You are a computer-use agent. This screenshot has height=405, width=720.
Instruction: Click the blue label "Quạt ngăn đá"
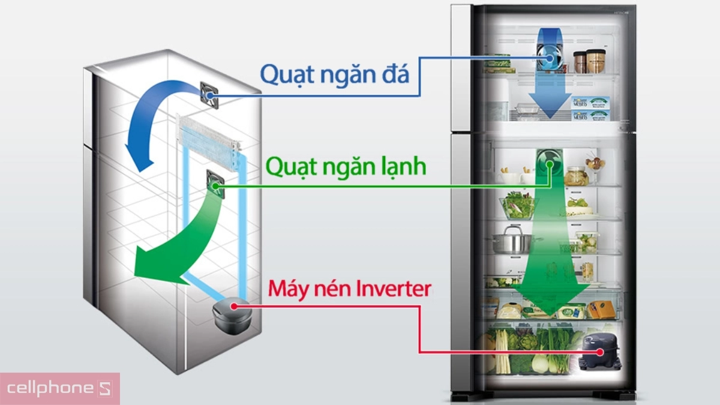click(334, 74)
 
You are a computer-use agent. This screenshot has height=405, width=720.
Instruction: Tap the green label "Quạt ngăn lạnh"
click(346, 166)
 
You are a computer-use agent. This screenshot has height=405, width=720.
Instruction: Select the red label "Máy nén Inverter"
click(349, 289)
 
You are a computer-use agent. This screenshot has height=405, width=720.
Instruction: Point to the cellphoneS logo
click(59, 388)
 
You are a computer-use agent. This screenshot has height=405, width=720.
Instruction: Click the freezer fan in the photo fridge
click(548, 58)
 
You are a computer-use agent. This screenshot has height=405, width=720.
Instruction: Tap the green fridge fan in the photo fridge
click(547, 163)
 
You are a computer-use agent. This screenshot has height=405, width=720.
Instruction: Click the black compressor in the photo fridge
click(600, 353)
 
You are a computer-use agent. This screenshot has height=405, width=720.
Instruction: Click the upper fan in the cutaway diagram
click(210, 94)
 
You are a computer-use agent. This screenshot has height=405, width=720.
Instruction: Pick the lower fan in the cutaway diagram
click(215, 184)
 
